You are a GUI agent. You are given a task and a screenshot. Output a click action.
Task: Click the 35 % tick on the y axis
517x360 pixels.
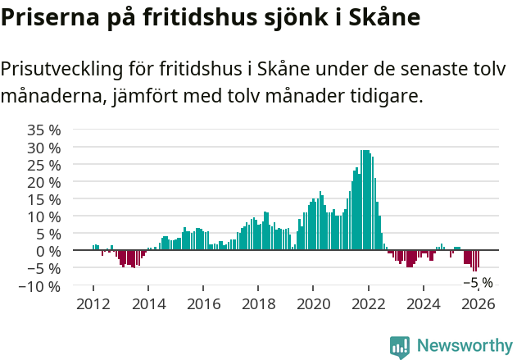pos(44,130)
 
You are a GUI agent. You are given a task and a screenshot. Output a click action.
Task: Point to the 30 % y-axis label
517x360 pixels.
pos(44,148)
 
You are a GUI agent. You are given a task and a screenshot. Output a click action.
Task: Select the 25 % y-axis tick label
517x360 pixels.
pos(44,165)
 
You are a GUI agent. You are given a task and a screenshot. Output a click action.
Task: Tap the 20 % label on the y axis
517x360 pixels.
pos(44,182)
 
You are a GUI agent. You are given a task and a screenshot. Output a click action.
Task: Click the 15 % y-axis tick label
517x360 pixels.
pos(44,199)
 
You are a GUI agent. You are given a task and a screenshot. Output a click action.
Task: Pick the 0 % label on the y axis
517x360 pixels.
pos(48,251)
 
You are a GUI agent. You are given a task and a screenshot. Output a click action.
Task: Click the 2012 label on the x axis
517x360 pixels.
pos(93,304)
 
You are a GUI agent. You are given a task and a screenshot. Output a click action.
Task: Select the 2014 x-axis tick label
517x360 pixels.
pos(148,304)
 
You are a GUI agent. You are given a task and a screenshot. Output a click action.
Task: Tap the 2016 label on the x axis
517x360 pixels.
pos(203,304)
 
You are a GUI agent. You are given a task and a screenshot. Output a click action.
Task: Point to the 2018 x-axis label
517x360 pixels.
pos(258,304)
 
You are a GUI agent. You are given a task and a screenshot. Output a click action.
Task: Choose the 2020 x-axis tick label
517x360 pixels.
pos(313,304)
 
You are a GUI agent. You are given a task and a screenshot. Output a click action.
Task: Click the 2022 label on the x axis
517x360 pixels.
pos(368,304)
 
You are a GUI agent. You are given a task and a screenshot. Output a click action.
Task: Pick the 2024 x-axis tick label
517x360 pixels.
pos(424,304)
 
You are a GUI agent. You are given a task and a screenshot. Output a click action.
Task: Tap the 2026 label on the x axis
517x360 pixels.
pos(478,304)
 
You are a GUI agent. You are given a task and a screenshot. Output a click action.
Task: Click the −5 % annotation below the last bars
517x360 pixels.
pos(478,282)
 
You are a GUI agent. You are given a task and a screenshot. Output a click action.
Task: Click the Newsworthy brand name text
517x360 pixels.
pos(464,345)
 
